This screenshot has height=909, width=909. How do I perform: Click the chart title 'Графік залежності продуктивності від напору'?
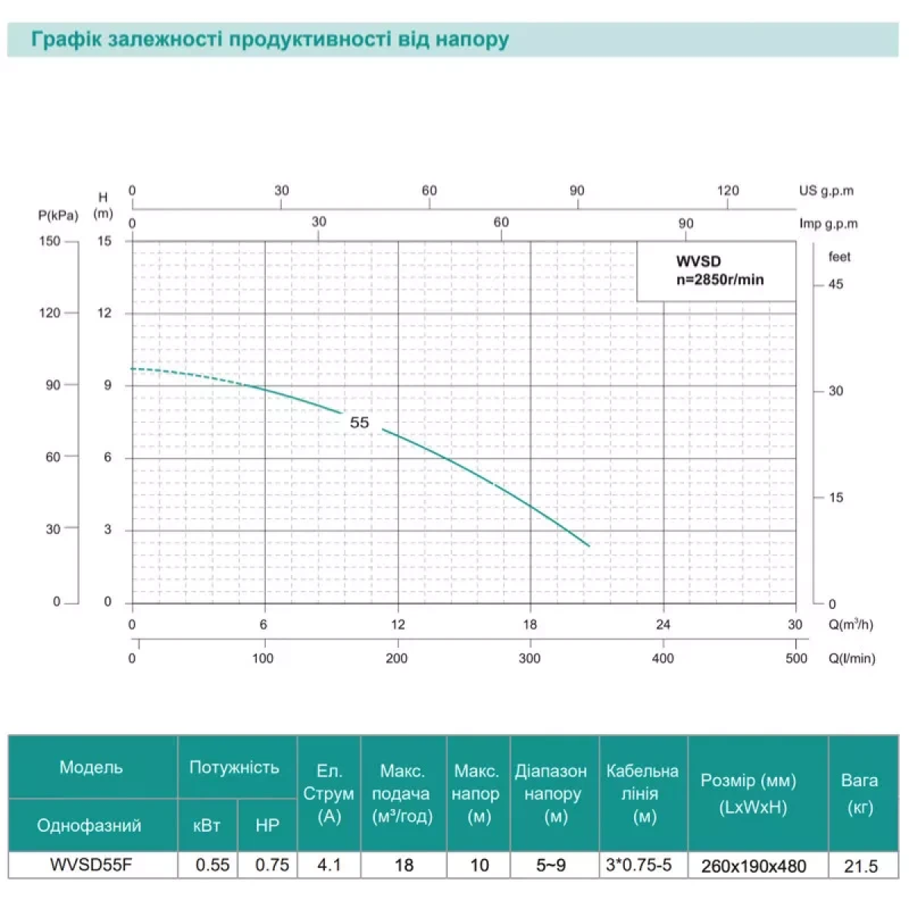[x=270, y=39]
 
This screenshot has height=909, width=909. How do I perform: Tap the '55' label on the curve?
[x=360, y=423]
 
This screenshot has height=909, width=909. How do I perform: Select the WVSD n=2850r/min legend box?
[x=716, y=271]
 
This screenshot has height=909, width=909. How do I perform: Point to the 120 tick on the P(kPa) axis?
[x=50, y=313]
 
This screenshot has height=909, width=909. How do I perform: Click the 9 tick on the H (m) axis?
[x=108, y=386]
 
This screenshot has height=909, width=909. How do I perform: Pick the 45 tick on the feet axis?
[x=836, y=285]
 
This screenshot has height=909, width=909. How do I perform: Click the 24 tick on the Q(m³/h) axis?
[x=663, y=625]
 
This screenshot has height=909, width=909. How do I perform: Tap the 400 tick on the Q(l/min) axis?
[x=663, y=658]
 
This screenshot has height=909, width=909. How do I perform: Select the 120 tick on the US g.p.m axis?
[x=728, y=191]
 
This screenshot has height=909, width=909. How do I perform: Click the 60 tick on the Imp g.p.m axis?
[x=501, y=223]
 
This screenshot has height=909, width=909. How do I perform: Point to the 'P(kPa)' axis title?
[x=58, y=216]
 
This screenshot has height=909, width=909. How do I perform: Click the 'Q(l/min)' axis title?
[x=852, y=658]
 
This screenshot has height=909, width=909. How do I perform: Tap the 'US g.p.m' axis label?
[x=826, y=191]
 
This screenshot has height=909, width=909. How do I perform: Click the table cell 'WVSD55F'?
[x=92, y=865]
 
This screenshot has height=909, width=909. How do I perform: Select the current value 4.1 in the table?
[x=329, y=865]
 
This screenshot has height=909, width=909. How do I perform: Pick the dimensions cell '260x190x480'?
[x=754, y=866]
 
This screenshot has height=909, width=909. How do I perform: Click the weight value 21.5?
[x=861, y=866]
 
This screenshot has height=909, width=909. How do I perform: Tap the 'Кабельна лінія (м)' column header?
[x=642, y=793]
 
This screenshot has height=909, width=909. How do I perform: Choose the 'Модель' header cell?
[x=92, y=767]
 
